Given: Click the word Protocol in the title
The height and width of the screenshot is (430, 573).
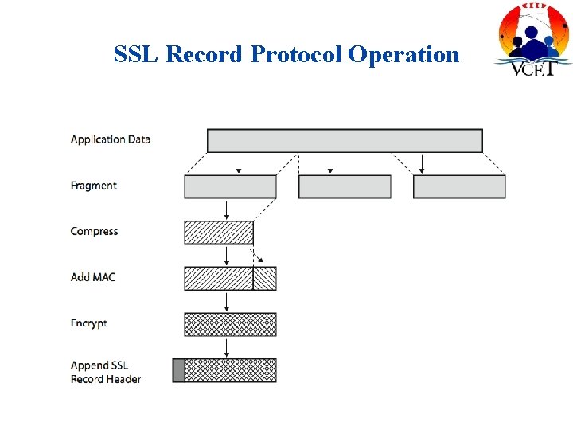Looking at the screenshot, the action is click(x=296, y=54).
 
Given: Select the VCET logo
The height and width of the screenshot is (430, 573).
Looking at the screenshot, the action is click(x=532, y=39).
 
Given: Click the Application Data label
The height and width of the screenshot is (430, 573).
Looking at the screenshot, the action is click(x=110, y=139).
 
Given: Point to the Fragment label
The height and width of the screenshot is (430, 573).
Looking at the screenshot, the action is click(x=93, y=186).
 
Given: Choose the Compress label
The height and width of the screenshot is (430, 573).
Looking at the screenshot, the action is click(x=94, y=232).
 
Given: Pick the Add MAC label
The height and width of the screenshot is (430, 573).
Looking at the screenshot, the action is click(x=92, y=277).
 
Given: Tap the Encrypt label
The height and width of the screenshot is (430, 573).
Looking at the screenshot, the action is click(x=88, y=323).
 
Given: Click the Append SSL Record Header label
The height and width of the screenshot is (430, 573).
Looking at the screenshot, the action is click(x=105, y=372).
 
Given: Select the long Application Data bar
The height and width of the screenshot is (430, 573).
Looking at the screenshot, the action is click(x=345, y=140).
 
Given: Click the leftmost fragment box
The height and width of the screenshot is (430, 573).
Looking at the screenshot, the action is click(x=230, y=186).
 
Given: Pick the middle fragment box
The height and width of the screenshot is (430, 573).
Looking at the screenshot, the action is click(x=345, y=186).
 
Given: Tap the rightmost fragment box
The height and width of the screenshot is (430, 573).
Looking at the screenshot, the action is click(x=459, y=186).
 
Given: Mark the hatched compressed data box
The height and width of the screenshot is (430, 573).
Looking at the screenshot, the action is click(x=219, y=233).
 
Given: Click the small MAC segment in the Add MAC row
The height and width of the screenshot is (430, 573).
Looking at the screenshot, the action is click(x=265, y=278).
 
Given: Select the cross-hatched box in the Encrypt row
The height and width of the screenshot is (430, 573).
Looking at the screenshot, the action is click(x=230, y=324).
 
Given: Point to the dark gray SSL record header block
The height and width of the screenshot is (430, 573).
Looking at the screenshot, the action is click(x=178, y=370).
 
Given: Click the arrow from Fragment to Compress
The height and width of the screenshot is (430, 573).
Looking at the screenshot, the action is click(x=227, y=209).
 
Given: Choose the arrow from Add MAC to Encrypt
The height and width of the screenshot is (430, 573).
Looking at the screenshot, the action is click(x=227, y=302).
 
